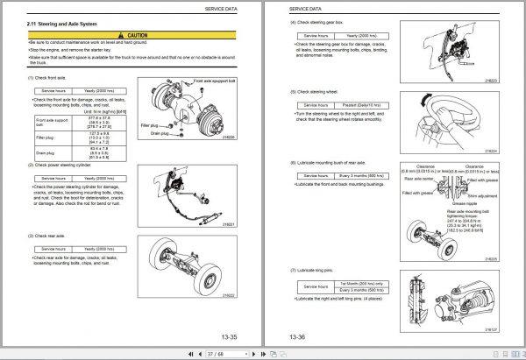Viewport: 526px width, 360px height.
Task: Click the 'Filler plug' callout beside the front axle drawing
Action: click(x=150, y=125)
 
